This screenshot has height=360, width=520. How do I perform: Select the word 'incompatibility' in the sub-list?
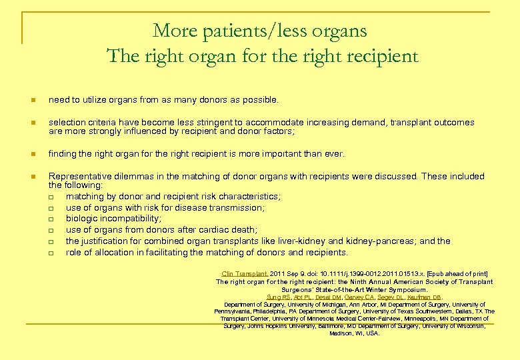point(129,219)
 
